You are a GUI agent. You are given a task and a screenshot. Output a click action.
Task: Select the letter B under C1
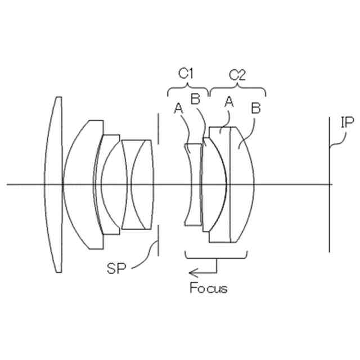pyautogui.click(x=196, y=100)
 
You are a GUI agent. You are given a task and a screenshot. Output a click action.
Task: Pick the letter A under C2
pyautogui.click(x=229, y=101)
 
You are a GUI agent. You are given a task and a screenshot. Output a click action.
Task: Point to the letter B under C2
pyautogui.click(x=255, y=108)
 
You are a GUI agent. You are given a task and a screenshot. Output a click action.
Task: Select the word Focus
pyautogui.click(x=208, y=289)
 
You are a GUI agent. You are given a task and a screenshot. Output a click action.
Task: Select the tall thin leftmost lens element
pyautogui.click(x=55, y=184)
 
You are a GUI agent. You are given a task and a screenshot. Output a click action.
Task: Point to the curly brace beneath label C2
pyautogui.click(x=237, y=89)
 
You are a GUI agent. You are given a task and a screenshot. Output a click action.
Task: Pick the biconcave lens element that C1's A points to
pyautogui.click(x=192, y=184)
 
